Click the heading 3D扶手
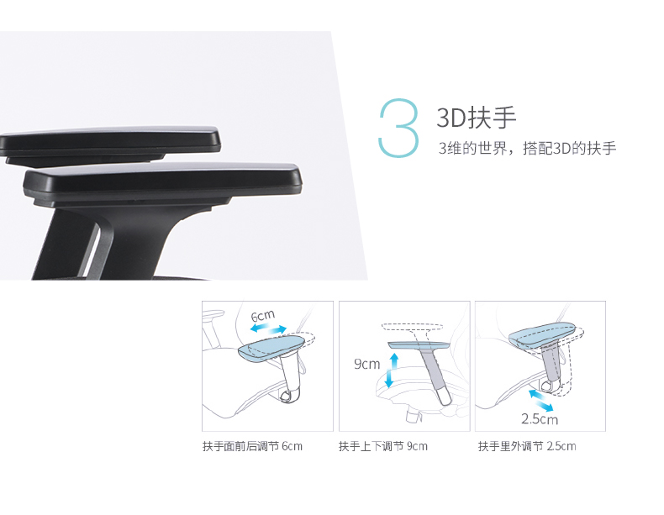pyautogui.click(x=477, y=118)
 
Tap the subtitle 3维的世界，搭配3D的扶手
pyautogui.click(x=527, y=148)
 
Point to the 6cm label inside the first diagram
pyautogui.click(x=263, y=316)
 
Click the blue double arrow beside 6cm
pyautogui.click(x=268, y=328)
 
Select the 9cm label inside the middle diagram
pyautogui.click(x=366, y=364)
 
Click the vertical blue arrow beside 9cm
pyautogui.click(x=392, y=370)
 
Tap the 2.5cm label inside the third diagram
pyautogui.click(x=540, y=419)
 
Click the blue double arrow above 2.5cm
pyautogui.click(x=541, y=400)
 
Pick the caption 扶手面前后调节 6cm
pyautogui.click(x=252, y=446)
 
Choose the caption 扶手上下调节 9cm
pyautogui.click(x=382, y=446)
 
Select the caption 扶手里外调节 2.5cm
pyautogui.click(x=527, y=446)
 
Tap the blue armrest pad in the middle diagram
pyautogui.click(x=419, y=345)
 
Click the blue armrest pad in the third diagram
pyautogui.click(x=542, y=334)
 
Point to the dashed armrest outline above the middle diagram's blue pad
pyautogui.click(x=413, y=327)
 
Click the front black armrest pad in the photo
pyautogui.click(x=163, y=182)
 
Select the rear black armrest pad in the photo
pyautogui.click(x=110, y=142)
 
